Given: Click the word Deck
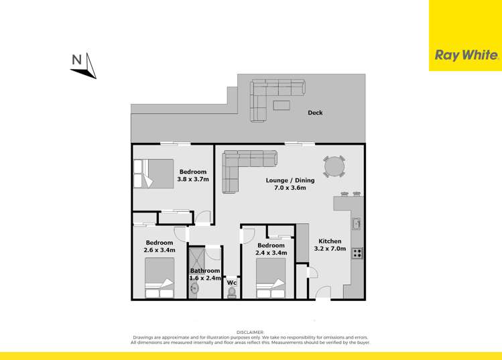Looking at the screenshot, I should (315, 113).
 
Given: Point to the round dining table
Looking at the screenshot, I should (334, 166).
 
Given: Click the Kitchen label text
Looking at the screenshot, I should (330, 241).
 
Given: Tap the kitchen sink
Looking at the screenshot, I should (357, 223).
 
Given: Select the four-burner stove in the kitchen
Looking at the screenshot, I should (357, 253).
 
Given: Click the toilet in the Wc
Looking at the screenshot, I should (232, 292).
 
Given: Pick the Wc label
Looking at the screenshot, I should (232, 282).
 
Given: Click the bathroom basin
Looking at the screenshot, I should (194, 289).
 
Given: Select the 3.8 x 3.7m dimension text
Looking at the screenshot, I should (193, 180).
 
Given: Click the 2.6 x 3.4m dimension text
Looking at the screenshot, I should (160, 250).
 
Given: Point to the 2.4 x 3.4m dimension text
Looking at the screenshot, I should (271, 253).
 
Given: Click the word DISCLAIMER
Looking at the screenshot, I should (251, 332).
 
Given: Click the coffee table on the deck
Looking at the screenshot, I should (281, 105).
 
